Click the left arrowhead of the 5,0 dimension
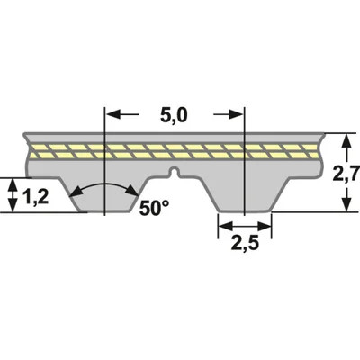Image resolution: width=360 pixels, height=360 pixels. (x=112, y=114)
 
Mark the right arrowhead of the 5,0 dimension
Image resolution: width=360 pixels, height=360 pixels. (x=238, y=114)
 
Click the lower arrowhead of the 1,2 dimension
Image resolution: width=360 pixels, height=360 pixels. (x=12, y=207)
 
